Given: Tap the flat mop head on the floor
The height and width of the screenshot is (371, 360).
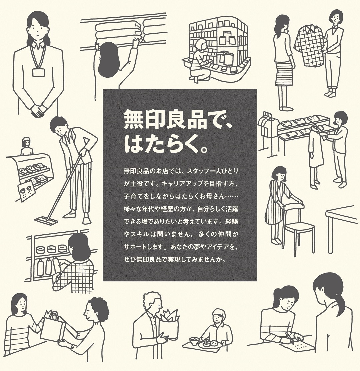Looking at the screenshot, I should [x=46, y=220].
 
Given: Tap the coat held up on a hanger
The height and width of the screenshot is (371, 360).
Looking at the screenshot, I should [x=315, y=147].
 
